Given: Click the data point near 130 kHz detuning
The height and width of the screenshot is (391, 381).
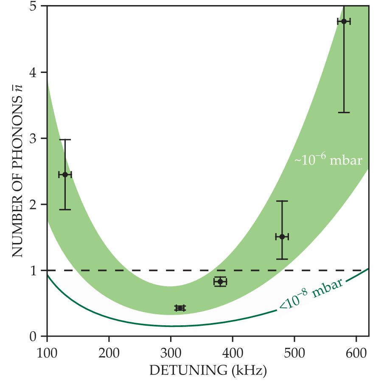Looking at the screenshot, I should pos(65,174).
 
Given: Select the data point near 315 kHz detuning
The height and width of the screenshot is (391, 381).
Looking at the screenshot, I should pos(180,308).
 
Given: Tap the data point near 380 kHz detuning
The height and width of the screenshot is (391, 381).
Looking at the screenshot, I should pos(220,282).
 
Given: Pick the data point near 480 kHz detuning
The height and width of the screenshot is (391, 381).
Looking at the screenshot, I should pos(282,236).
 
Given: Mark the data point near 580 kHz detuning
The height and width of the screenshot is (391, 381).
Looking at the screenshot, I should pos(344,21).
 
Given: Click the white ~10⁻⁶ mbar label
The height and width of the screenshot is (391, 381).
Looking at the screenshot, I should pos(328,161).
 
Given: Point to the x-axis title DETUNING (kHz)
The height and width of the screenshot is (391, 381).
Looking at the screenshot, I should pos(207,371).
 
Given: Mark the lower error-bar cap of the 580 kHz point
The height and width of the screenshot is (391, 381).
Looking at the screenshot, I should pos(344,112).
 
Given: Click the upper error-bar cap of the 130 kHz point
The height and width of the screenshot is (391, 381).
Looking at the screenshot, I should pos(65,140).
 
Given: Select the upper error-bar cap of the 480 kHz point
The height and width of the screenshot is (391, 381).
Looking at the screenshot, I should pos(282,201).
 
